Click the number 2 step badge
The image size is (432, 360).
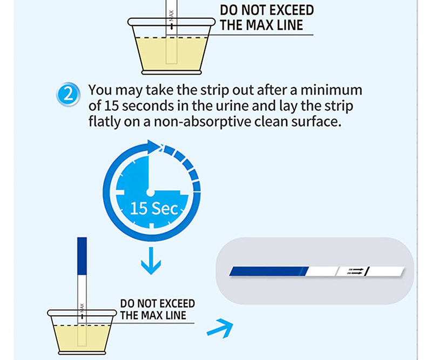68,95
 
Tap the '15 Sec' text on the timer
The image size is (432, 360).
154,209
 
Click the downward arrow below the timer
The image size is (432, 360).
151,261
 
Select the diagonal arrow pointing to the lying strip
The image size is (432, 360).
220,328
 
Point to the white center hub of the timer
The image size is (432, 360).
150,192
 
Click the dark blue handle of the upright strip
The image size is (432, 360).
82,256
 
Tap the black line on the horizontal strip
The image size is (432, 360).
367,272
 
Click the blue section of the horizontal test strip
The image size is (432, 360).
269,271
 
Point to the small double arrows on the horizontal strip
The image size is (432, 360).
356,271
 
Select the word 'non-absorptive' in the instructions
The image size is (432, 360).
202,122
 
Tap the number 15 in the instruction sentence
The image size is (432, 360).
111,106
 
